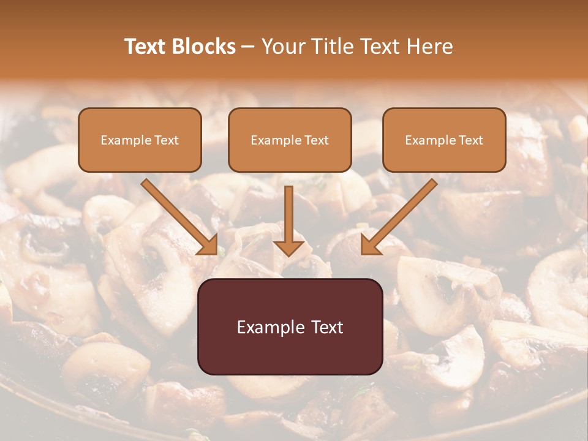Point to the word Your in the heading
pyautogui.click(x=281, y=47)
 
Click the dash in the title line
pyautogui.click(x=248, y=47)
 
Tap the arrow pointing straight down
pyautogui.click(x=288, y=221)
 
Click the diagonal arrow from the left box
pyautogui.click(x=179, y=216)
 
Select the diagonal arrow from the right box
pyautogui.click(x=399, y=216)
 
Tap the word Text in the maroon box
pyautogui.click(x=327, y=327)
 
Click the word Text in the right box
pyautogui.click(x=470, y=140)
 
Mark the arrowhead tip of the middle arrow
pyautogui.click(x=288, y=255)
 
